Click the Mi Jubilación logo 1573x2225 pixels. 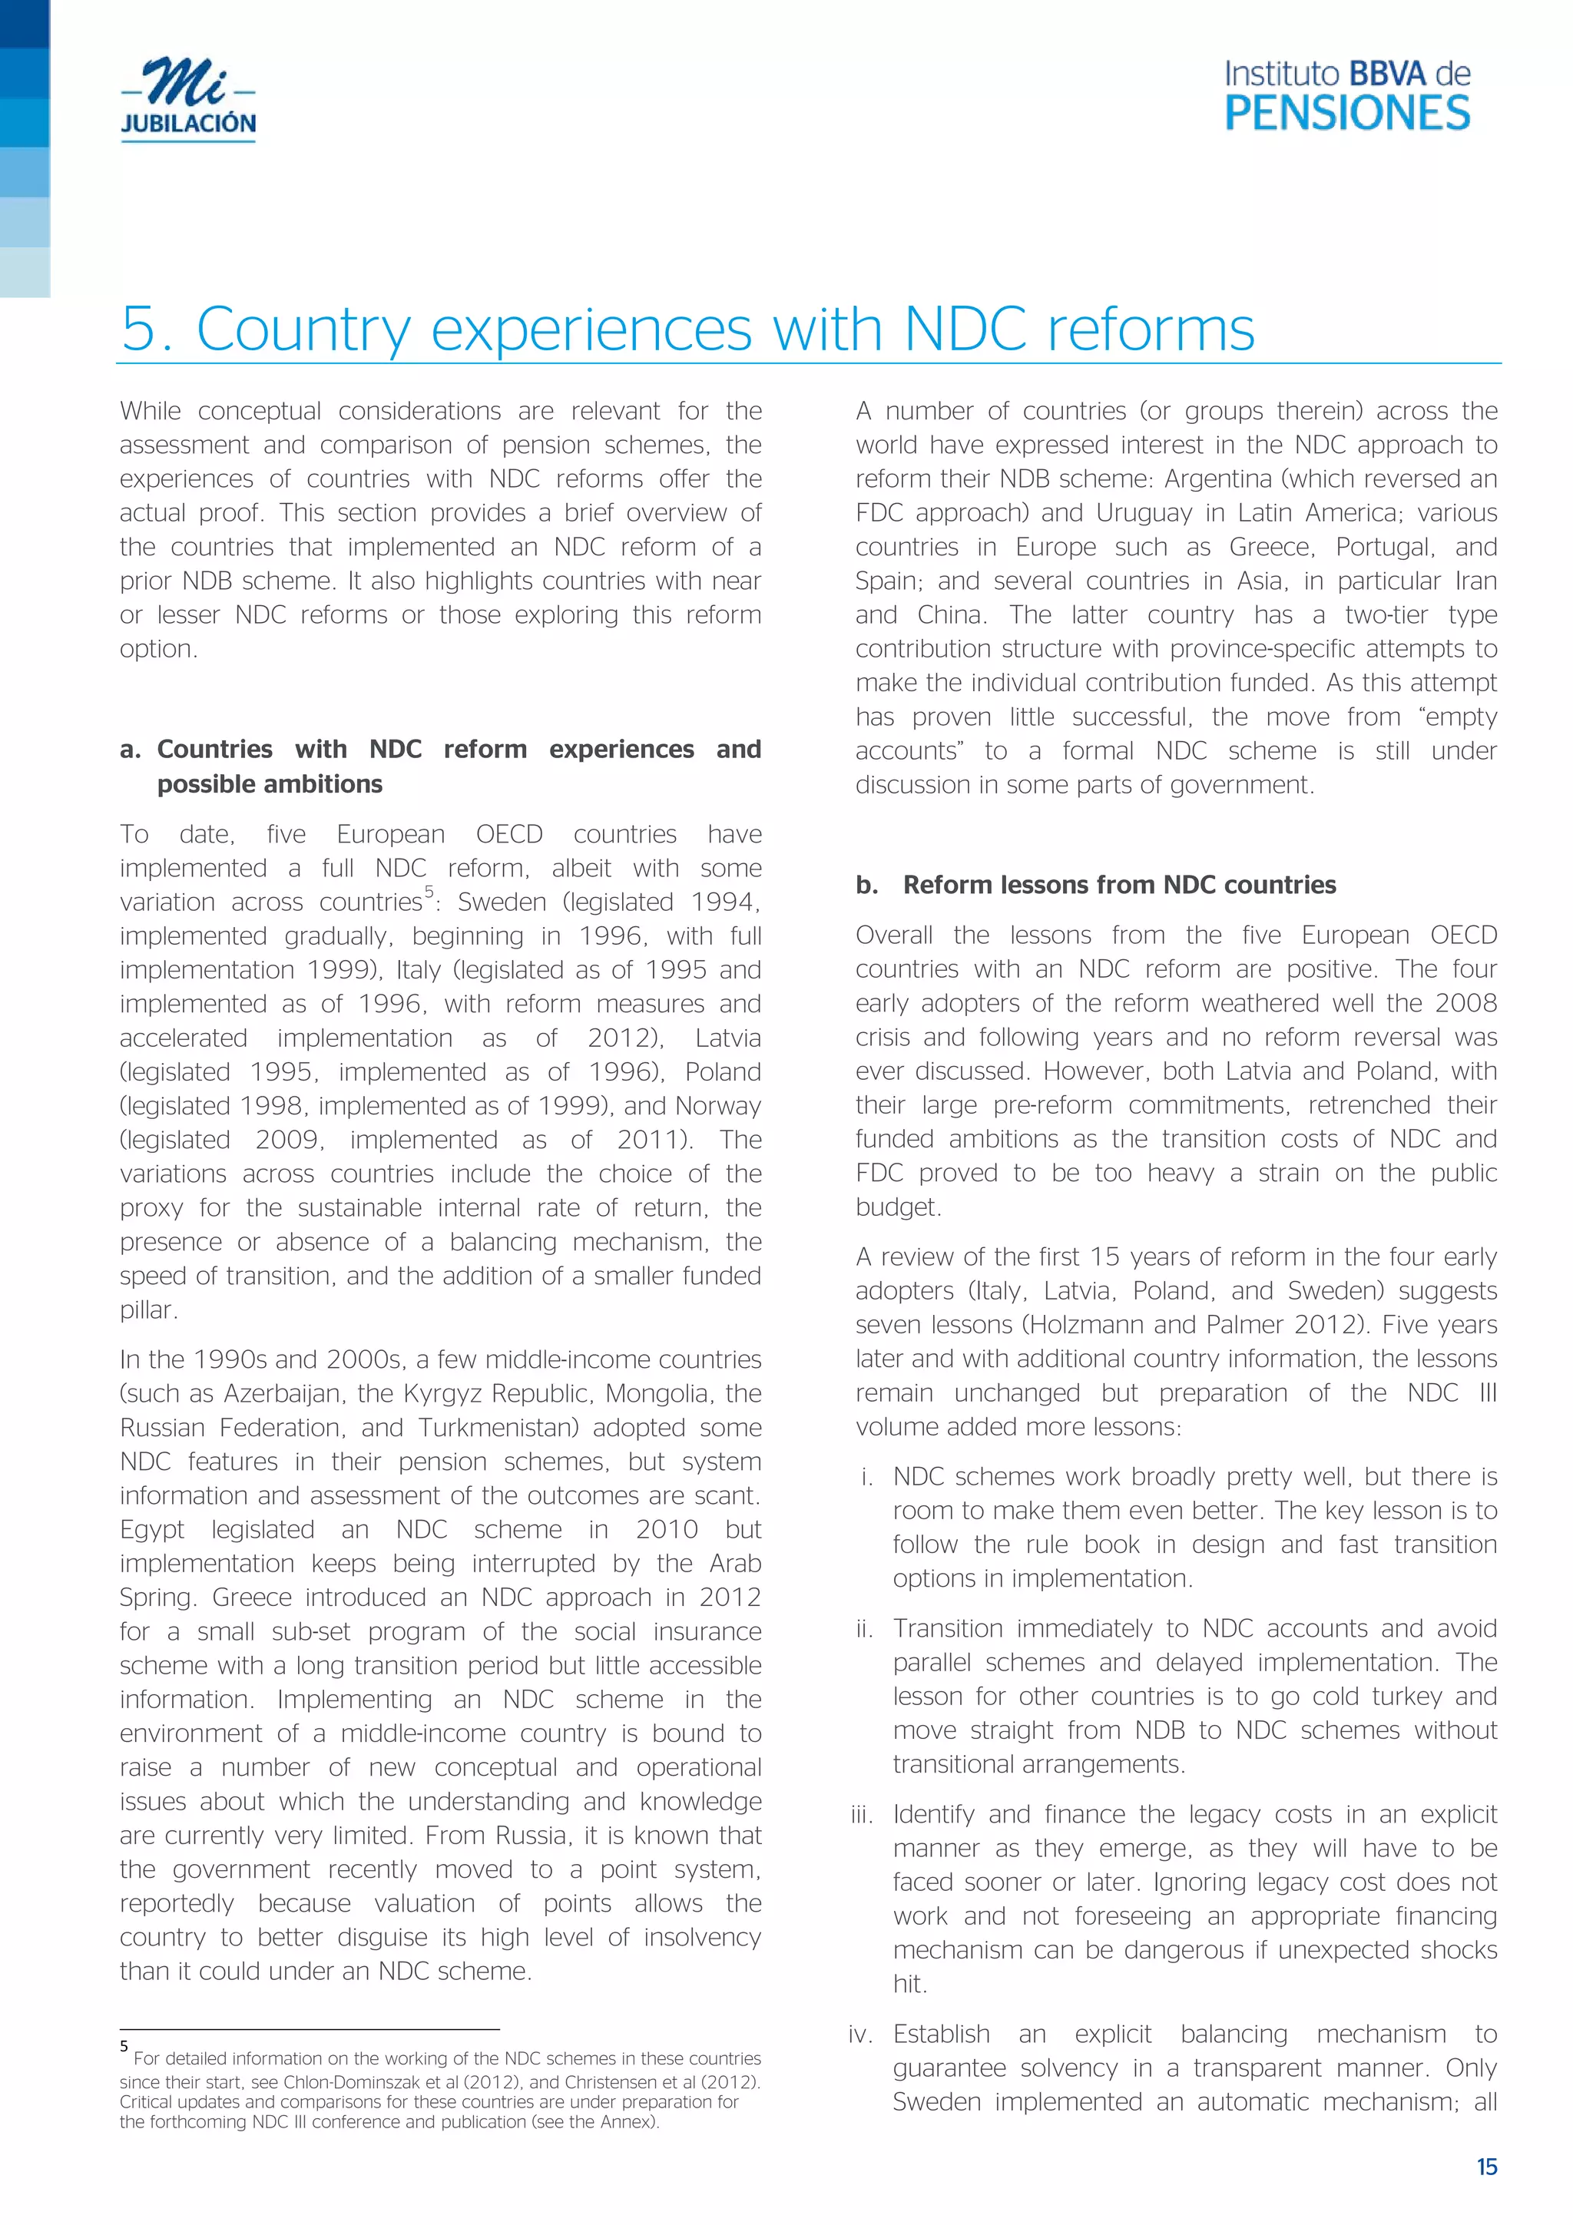pyautogui.click(x=188, y=99)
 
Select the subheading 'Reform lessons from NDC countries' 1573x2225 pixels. pyautogui.click(x=1118, y=885)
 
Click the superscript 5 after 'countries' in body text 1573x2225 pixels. pyautogui.click(x=429, y=892)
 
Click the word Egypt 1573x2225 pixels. pyautogui.click(x=152, y=1529)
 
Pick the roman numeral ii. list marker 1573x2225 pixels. pyautogui.click(x=865, y=1629)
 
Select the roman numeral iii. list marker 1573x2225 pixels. pyautogui.click(x=862, y=1815)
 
